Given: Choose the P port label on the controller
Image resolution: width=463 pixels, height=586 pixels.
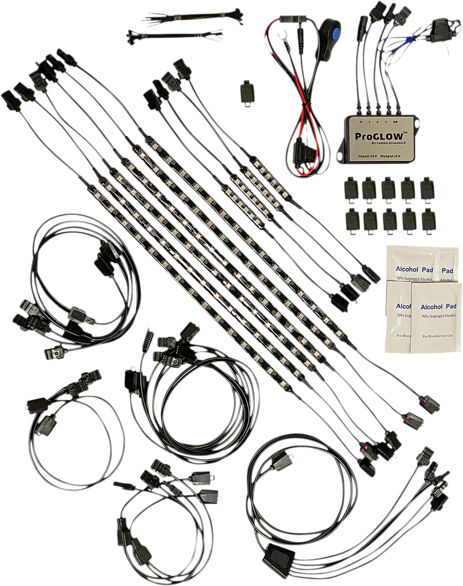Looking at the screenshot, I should [360, 120].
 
